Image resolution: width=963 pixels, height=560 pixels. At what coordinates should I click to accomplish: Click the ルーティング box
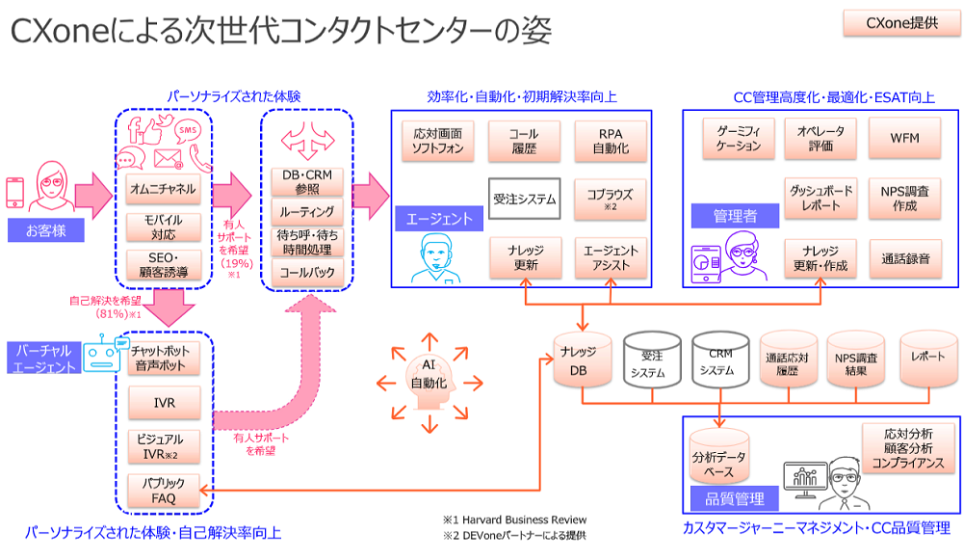(x=307, y=211)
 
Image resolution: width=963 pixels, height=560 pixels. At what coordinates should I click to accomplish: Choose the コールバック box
(x=307, y=272)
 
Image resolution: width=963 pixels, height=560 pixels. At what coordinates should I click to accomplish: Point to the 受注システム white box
(x=525, y=200)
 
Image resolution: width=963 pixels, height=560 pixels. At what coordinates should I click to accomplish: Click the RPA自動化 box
(x=611, y=141)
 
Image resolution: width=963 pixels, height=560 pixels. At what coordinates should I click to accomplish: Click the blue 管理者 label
(x=735, y=217)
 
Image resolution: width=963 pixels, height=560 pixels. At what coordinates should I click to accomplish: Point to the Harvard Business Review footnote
(x=514, y=520)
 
